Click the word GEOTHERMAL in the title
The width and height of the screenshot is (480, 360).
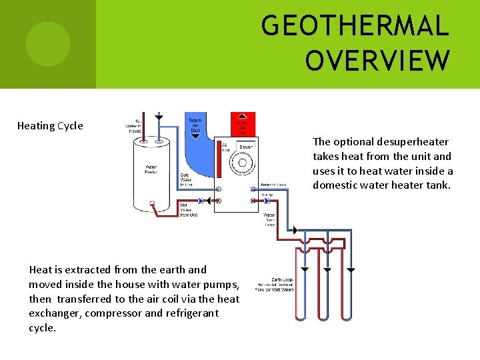(355, 26)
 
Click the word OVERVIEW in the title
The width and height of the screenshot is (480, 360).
(377, 60)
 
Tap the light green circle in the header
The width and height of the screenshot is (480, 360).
(47, 44)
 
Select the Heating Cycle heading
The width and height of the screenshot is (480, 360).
(50, 126)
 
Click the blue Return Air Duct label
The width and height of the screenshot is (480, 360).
(195, 125)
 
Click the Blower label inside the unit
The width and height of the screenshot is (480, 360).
(246, 146)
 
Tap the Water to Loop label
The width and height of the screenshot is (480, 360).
(273, 185)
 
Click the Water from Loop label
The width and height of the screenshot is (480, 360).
(269, 219)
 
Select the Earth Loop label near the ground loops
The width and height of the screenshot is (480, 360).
(275, 285)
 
